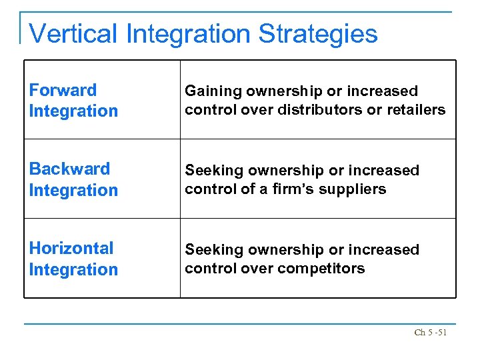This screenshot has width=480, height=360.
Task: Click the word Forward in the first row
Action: (x=63, y=90)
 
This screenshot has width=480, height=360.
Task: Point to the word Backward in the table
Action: (x=69, y=169)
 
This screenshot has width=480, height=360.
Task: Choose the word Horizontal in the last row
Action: (x=71, y=248)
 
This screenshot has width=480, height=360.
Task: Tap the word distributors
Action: (x=316, y=109)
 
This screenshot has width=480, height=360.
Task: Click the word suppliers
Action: (x=355, y=189)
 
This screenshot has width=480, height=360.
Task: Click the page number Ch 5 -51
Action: (x=430, y=332)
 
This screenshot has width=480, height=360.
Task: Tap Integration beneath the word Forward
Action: (x=73, y=111)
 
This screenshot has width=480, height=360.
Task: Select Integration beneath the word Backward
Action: (x=73, y=190)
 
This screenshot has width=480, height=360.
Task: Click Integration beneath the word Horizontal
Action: (x=73, y=269)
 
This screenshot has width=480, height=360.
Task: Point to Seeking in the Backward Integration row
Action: (x=212, y=170)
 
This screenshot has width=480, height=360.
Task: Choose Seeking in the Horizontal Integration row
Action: (x=212, y=249)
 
